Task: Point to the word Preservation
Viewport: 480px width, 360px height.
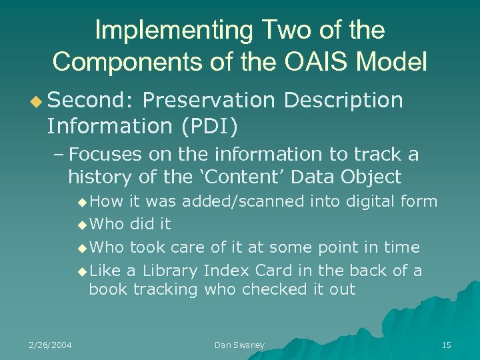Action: tap(208, 100)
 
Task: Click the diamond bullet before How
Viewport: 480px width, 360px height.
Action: tap(81, 202)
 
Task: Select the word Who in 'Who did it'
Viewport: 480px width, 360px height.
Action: tap(107, 224)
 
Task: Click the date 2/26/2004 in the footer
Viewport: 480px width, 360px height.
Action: tap(50, 345)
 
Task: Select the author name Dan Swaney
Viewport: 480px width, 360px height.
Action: tap(239, 345)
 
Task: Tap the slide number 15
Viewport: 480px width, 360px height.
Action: tap(446, 345)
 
